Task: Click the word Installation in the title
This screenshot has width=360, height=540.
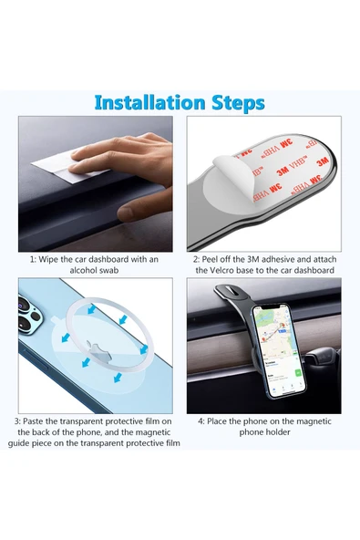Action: coord(149,102)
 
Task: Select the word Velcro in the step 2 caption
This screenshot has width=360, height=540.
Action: coord(221,270)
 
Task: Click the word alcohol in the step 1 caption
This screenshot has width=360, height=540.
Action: coord(84,270)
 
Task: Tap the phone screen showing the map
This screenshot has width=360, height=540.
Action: coord(280,350)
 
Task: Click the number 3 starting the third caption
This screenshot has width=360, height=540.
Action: coord(16,421)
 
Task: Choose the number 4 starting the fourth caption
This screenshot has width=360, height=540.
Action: coord(200,421)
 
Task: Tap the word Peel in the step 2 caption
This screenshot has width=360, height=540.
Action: coord(210,259)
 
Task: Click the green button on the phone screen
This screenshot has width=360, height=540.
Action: coord(298,373)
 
